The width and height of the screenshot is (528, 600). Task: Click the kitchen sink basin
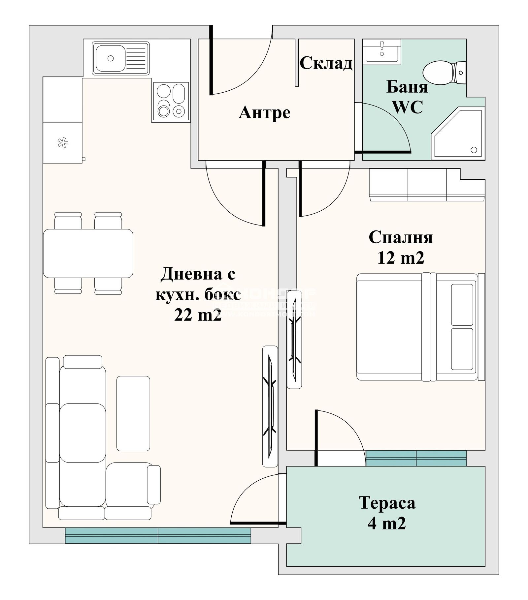click(x=111, y=58)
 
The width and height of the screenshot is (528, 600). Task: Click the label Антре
click(x=264, y=113)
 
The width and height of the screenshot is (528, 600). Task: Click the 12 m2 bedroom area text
click(x=400, y=258)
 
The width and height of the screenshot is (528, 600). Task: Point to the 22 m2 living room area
click(x=197, y=316)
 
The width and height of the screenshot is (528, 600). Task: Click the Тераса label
click(x=387, y=503)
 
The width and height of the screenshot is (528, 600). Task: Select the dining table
click(x=88, y=253)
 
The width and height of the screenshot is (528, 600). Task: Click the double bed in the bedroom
click(x=416, y=327)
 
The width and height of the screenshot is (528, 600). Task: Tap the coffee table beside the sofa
click(x=133, y=413)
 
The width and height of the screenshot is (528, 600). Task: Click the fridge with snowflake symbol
click(x=62, y=143)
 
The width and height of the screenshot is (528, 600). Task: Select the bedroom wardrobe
click(x=426, y=185)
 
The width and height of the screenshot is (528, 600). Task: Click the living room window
click(x=158, y=535)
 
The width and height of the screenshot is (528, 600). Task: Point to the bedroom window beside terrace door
click(x=416, y=458)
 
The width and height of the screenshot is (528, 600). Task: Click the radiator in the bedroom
click(x=294, y=340)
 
